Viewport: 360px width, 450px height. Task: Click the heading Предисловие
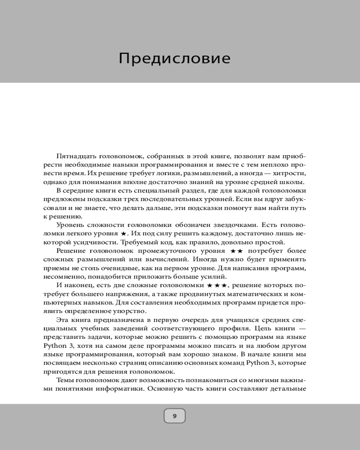(175, 58)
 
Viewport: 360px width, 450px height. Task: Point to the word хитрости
(290, 173)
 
